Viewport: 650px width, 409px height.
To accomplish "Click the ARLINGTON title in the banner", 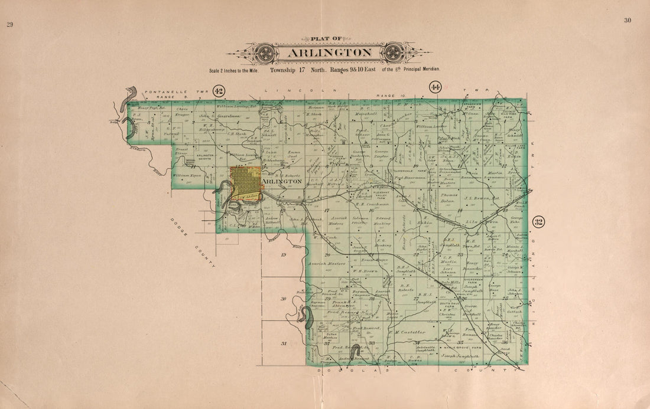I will point(330,53).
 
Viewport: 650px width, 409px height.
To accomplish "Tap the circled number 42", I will point(219,91).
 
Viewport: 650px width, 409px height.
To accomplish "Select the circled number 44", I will point(435,88).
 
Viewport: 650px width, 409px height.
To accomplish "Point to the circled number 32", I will point(538,222).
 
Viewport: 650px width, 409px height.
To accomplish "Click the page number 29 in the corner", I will point(9,24).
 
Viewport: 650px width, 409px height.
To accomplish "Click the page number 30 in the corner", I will point(628,21).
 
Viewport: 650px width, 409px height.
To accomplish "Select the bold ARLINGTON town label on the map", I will point(282,182).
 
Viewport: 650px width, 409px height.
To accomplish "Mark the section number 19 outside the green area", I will point(283,255).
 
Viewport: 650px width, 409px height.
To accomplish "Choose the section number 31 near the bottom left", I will point(284,343).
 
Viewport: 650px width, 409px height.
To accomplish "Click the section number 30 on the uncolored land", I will point(284,299).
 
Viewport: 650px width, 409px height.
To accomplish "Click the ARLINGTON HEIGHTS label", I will point(206,157).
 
